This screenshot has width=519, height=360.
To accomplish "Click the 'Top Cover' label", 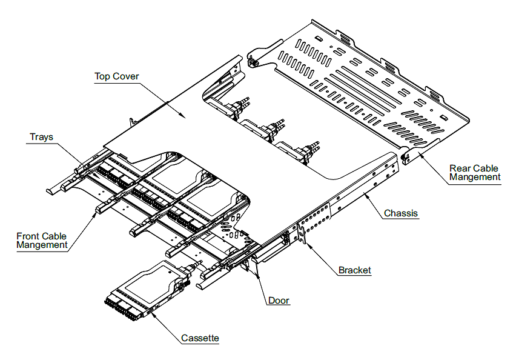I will click(117, 76).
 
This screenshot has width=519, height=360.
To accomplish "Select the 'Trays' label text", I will click(41, 137).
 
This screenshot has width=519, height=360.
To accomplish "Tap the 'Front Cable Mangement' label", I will click(42, 241).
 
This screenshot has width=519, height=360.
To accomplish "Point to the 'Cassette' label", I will click(200, 338).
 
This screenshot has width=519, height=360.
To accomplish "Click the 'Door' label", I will click(279, 301).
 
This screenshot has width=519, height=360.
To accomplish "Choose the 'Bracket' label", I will click(354, 270).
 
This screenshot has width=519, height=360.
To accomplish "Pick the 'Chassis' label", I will click(401, 213).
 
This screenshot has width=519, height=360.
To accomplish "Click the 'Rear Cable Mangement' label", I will click(475, 173).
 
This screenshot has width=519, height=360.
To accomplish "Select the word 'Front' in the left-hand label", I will click(28, 236).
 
